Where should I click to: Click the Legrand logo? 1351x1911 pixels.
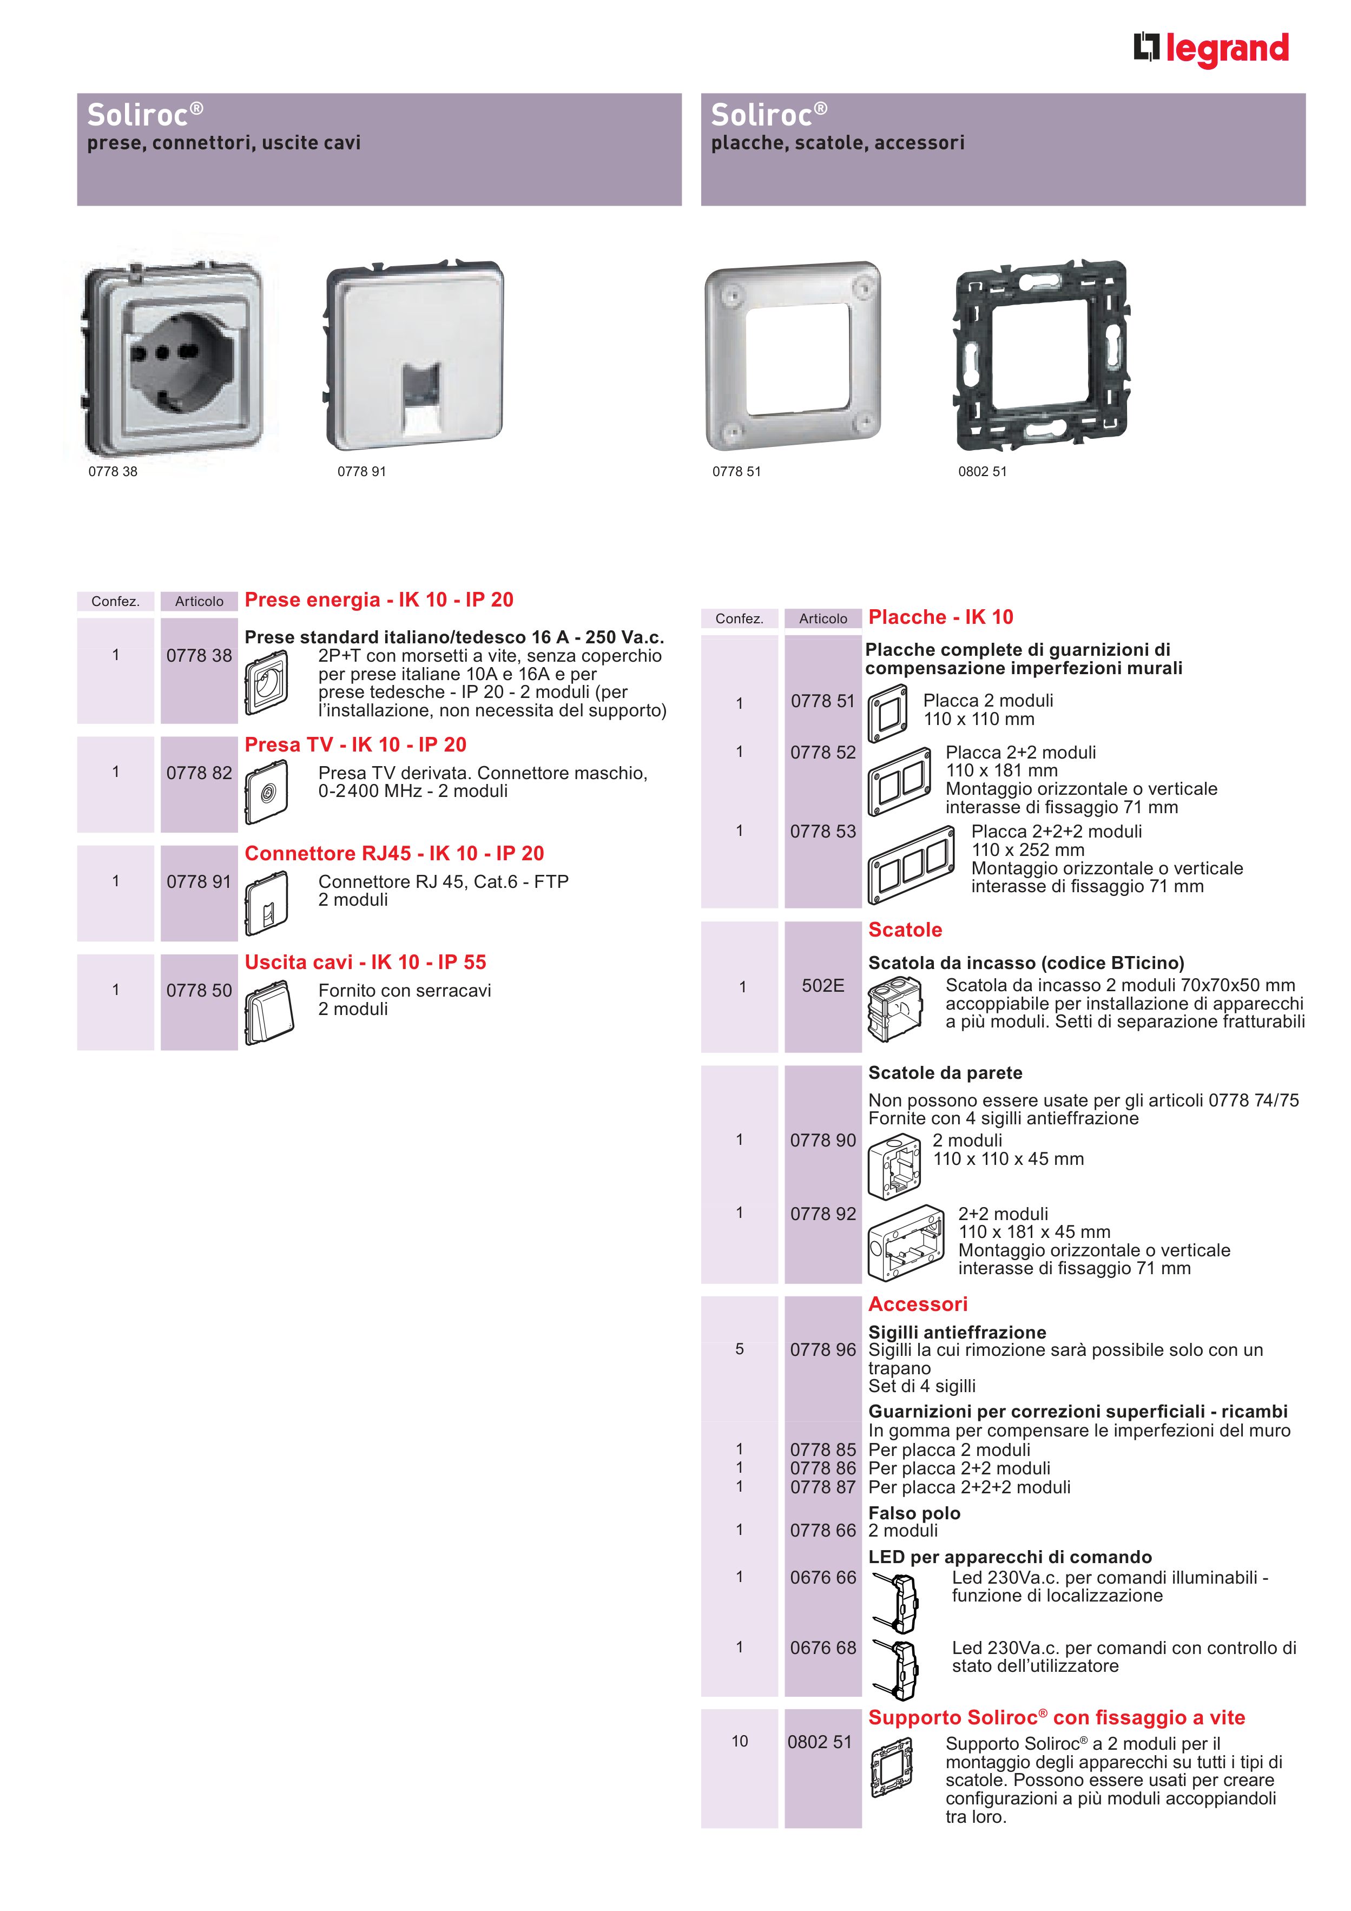tap(1211, 49)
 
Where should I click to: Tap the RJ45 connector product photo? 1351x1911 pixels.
tap(414, 356)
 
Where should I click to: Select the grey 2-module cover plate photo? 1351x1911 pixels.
tap(793, 356)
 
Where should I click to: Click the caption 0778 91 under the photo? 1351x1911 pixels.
tap(361, 472)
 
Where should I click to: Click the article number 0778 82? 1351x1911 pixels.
tap(199, 773)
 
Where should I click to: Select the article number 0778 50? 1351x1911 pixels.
tap(199, 991)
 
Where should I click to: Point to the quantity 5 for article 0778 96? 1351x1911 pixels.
tap(739, 1349)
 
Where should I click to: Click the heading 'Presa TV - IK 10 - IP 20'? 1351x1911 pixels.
tap(355, 745)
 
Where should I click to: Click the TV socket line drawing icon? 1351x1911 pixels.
tap(266, 793)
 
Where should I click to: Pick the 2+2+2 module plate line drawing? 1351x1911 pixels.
tap(912, 865)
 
